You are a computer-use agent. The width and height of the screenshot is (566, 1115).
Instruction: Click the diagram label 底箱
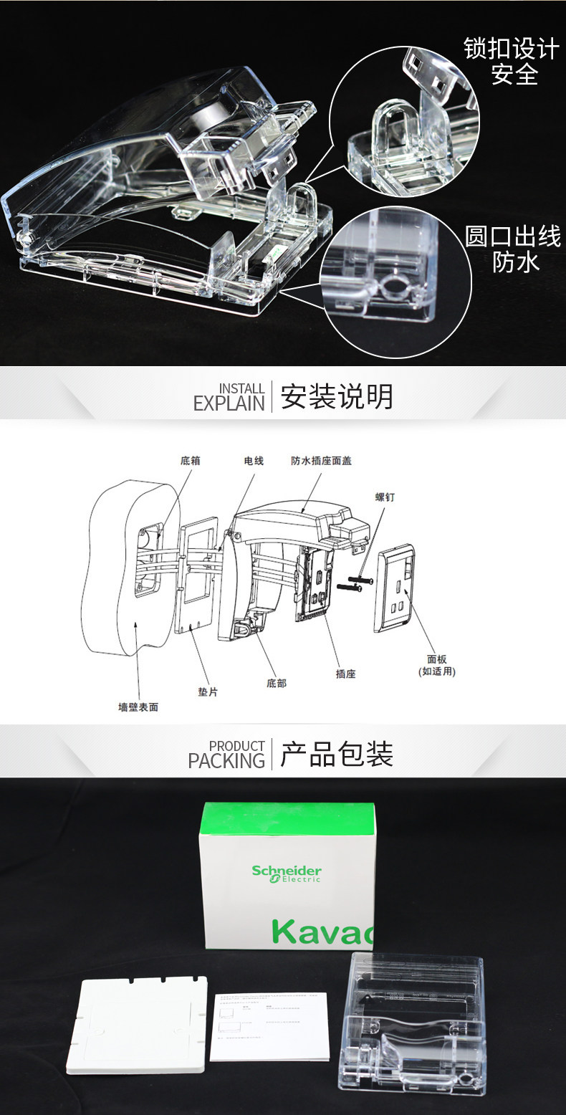click(x=190, y=461)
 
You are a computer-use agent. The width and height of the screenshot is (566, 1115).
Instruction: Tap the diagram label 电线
click(x=254, y=461)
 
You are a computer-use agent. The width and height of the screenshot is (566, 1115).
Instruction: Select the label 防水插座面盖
click(x=321, y=461)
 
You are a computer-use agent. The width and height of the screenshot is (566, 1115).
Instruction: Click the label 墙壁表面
click(x=138, y=707)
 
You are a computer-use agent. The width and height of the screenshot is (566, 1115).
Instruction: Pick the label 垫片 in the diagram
click(x=208, y=692)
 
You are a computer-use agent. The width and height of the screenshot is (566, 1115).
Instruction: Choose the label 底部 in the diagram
click(x=277, y=683)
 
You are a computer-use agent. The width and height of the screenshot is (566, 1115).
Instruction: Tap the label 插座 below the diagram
click(x=346, y=674)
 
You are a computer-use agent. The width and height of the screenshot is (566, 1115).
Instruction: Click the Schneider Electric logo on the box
click(x=287, y=874)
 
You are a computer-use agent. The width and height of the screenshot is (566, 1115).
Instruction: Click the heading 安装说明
click(x=337, y=396)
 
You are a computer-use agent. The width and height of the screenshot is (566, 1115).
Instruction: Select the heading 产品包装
click(x=337, y=754)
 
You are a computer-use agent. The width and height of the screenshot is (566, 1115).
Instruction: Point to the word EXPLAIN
click(x=229, y=403)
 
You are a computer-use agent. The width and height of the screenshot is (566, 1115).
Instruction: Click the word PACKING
click(x=226, y=760)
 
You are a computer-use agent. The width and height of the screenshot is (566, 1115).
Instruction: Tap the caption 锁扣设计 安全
click(x=511, y=62)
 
